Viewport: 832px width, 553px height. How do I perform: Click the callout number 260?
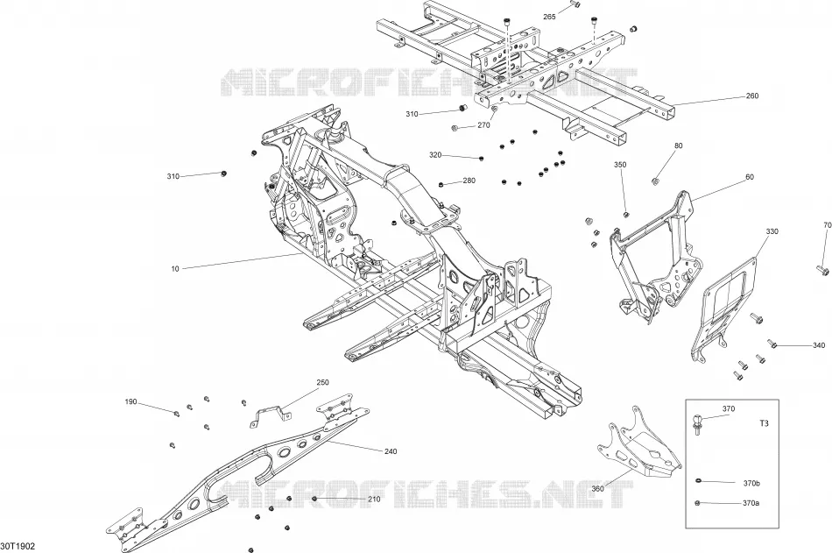(752, 96)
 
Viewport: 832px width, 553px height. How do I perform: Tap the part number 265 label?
(549, 17)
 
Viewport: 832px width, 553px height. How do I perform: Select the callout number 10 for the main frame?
(175, 269)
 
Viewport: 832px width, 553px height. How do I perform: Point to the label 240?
(390, 451)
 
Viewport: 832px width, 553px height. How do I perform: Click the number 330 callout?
(772, 231)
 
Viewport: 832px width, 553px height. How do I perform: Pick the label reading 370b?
(751, 484)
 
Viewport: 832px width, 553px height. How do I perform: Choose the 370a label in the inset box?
(751, 503)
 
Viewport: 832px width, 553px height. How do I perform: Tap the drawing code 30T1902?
(18, 546)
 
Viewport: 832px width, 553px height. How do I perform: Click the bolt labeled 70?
(822, 271)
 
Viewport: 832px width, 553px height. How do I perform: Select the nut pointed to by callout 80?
(655, 181)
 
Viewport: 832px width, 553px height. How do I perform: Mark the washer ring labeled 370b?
(699, 481)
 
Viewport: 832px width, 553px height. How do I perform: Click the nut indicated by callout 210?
(314, 499)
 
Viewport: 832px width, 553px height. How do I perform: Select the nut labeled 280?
(441, 184)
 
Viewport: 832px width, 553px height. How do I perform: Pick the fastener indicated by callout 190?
(176, 413)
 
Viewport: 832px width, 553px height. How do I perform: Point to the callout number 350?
(620, 165)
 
